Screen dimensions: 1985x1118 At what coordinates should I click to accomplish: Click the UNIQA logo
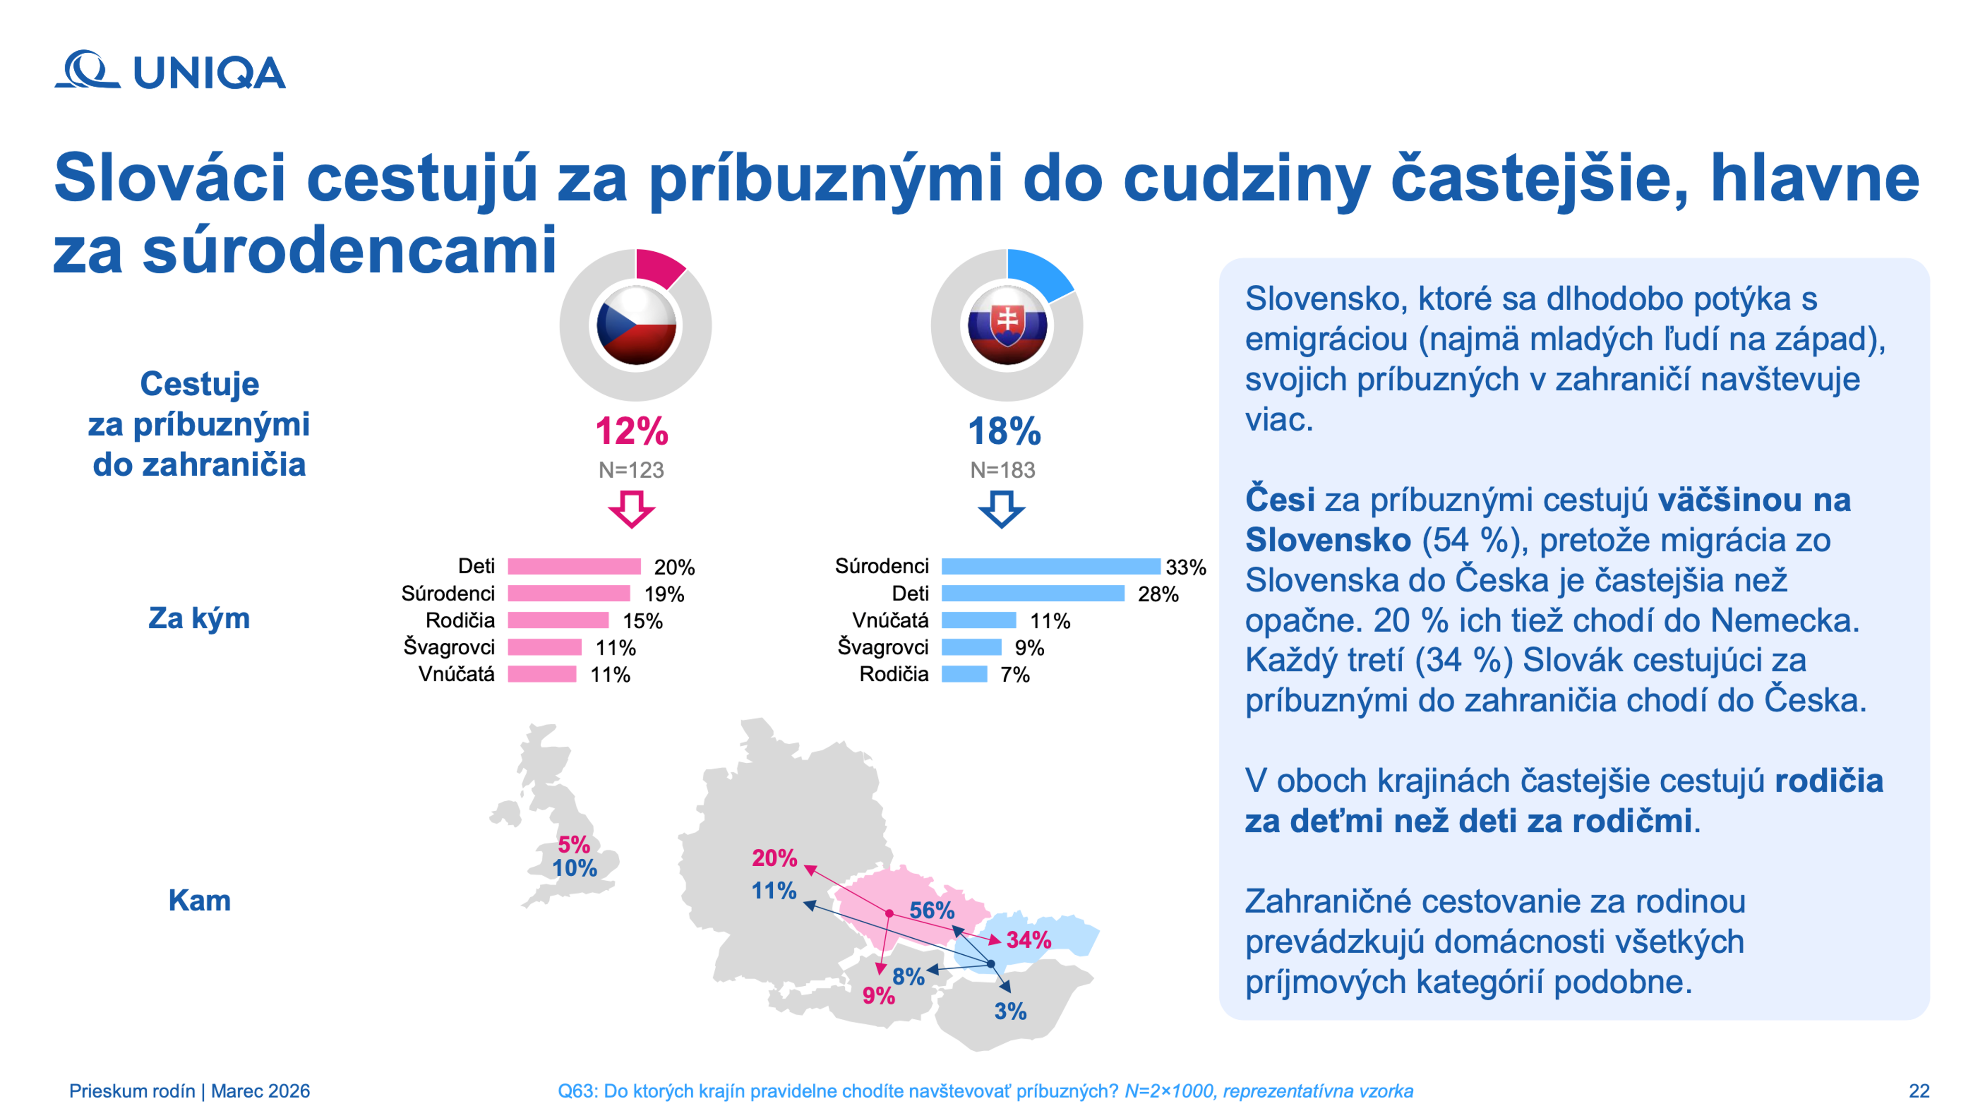pos(169,71)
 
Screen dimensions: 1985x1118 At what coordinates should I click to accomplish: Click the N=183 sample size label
pos(1002,470)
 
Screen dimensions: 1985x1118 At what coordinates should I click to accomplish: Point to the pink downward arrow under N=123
pos(632,509)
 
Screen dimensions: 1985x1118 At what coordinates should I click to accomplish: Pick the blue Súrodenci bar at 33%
pos(1050,567)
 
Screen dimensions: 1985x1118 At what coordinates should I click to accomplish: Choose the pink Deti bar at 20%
pos(574,567)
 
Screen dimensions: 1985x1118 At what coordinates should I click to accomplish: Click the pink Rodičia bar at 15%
pos(558,620)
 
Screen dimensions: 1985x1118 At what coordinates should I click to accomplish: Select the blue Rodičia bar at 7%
pos(964,674)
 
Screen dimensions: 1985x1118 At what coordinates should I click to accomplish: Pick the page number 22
pos(1919,1091)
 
